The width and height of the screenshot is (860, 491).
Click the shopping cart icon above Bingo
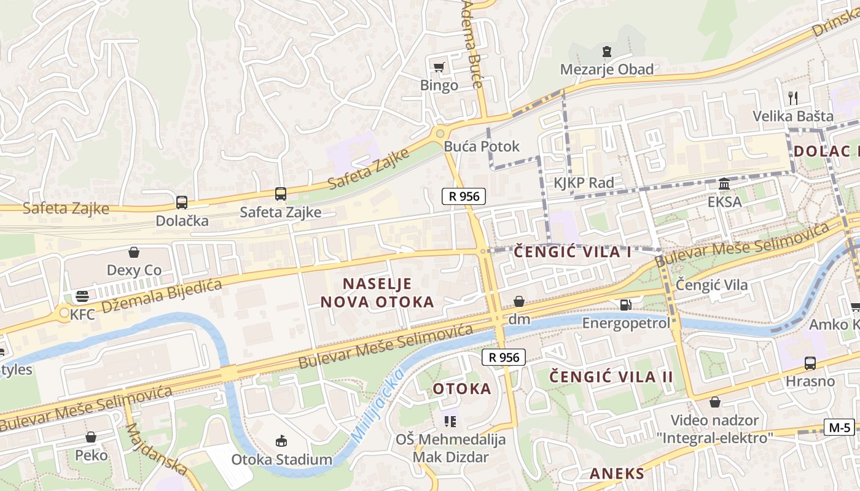439,67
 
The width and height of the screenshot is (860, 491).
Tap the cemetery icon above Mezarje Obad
607,51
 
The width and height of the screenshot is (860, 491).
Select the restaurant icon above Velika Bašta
793,98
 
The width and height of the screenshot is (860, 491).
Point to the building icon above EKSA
724,184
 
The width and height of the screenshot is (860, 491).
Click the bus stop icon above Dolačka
181,202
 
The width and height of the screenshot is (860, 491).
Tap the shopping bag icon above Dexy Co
134,252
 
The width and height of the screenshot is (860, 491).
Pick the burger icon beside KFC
82,297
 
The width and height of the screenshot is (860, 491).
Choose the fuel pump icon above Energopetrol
625,304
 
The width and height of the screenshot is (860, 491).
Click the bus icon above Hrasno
810,363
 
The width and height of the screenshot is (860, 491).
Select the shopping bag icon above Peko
91,437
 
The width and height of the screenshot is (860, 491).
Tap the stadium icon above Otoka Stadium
281,441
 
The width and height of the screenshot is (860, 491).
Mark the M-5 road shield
838,427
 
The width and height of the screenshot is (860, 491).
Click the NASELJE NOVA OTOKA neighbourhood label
377,293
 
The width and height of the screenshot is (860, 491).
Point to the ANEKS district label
617,473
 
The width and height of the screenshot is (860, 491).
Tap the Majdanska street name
157,448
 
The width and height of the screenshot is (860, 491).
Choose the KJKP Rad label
584,183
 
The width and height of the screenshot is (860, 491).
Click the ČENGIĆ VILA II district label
611,376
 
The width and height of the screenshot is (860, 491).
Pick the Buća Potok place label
482,147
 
